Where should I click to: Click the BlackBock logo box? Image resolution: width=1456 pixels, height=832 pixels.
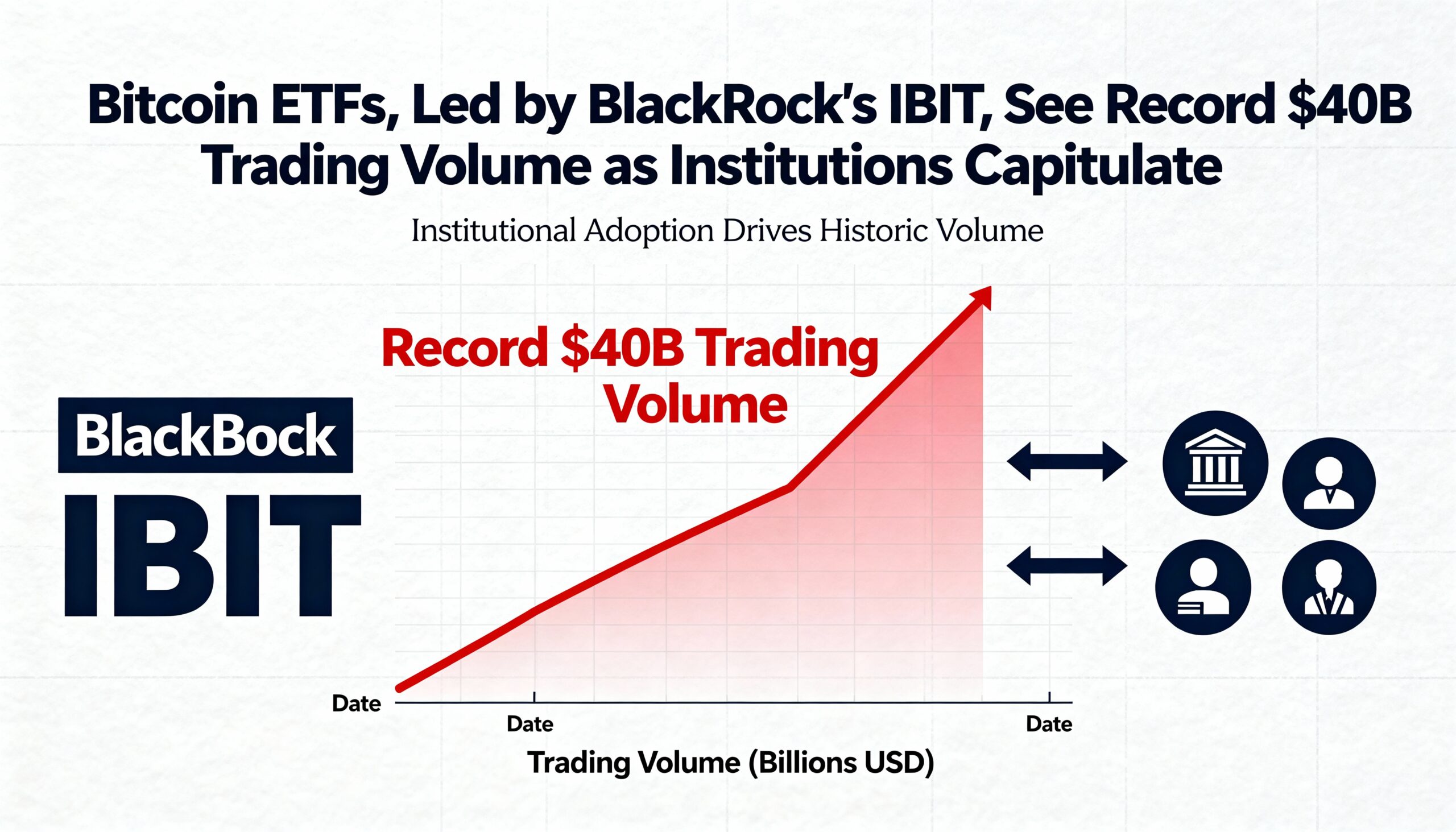(x=206, y=436)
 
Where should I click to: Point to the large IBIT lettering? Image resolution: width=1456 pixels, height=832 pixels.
(x=212, y=556)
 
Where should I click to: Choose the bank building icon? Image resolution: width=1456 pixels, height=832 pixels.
(x=1215, y=463)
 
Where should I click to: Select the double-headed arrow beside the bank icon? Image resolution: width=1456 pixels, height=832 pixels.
(x=1066, y=461)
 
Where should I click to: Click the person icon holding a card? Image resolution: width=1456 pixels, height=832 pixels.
(x=1203, y=587)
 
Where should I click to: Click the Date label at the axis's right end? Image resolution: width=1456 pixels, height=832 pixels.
(x=1049, y=725)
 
